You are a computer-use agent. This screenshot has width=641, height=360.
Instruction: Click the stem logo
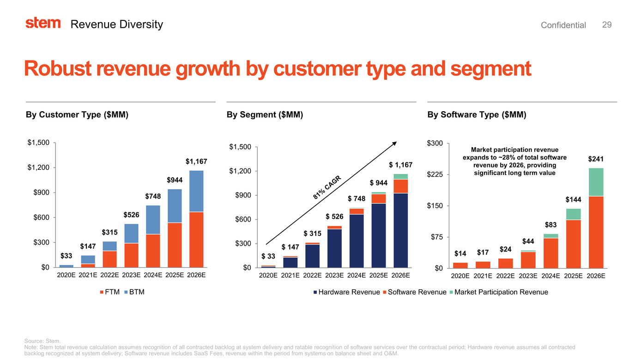pyautogui.click(x=43, y=23)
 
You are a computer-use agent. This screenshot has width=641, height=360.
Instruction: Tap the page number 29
pyautogui.click(x=607, y=24)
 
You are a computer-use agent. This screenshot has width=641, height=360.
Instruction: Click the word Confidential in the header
pyautogui.click(x=563, y=25)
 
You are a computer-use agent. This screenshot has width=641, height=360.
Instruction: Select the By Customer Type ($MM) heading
pyautogui.click(x=77, y=114)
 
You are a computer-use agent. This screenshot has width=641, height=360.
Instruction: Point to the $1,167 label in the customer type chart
pyautogui.click(x=196, y=162)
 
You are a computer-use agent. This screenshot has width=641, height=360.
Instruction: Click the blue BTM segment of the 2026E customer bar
pyautogui.click(x=196, y=191)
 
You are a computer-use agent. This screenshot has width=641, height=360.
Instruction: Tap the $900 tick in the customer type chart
pyautogui.click(x=39, y=192)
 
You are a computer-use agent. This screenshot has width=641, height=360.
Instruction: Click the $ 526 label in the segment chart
pyautogui.click(x=334, y=216)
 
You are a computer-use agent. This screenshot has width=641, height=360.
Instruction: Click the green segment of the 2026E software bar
pyautogui.click(x=596, y=182)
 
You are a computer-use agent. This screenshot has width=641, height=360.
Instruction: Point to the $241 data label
pyautogui.click(x=596, y=159)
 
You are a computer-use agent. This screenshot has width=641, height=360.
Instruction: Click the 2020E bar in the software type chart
pyautogui.click(x=460, y=265)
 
